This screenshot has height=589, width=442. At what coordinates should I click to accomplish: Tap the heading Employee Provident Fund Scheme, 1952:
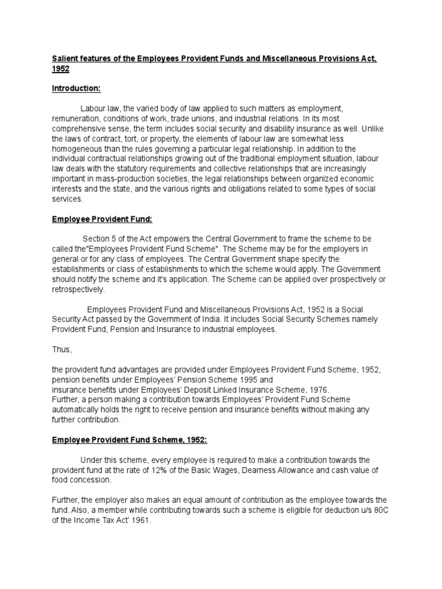pyautogui.click(x=128, y=440)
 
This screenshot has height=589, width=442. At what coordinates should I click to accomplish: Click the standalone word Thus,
pyautogui.click(x=62, y=349)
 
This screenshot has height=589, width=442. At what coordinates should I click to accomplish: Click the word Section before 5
pyautogui.click(x=97, y=239)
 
